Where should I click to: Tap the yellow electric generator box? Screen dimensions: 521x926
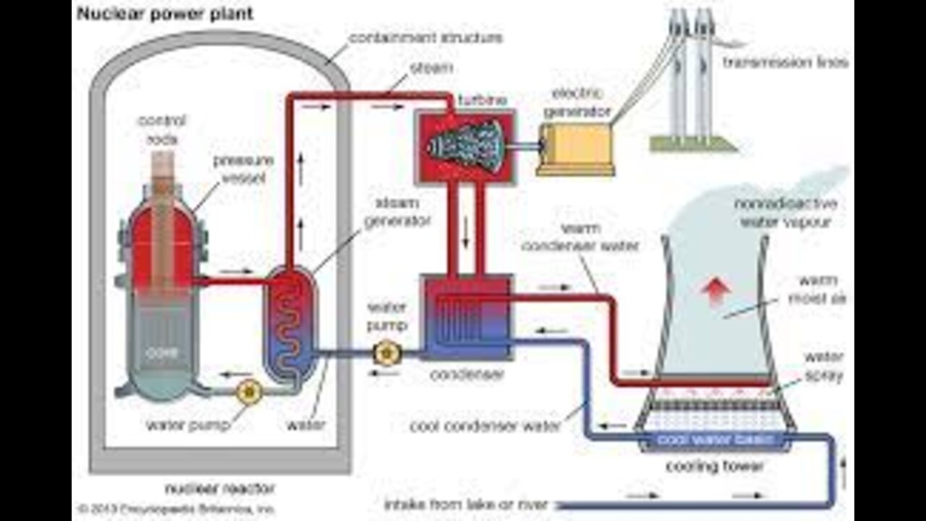[x=575, y=148]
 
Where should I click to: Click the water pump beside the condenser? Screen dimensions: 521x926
[x=383, y=353]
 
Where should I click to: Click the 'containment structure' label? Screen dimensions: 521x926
[x=425, y=37]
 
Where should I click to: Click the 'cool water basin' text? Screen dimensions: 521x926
[x=715, y=439]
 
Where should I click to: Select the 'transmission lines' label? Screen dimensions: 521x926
[x=785, y=63]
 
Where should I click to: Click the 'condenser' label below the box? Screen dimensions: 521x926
[x=467, y=375]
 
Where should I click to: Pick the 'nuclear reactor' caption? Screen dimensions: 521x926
[x=210, y=488]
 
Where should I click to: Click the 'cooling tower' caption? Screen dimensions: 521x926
[x=714, y=467]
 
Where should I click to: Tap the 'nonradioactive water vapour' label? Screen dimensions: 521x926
[x=781, y=212]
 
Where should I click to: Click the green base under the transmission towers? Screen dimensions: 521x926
[x=692, y=144]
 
